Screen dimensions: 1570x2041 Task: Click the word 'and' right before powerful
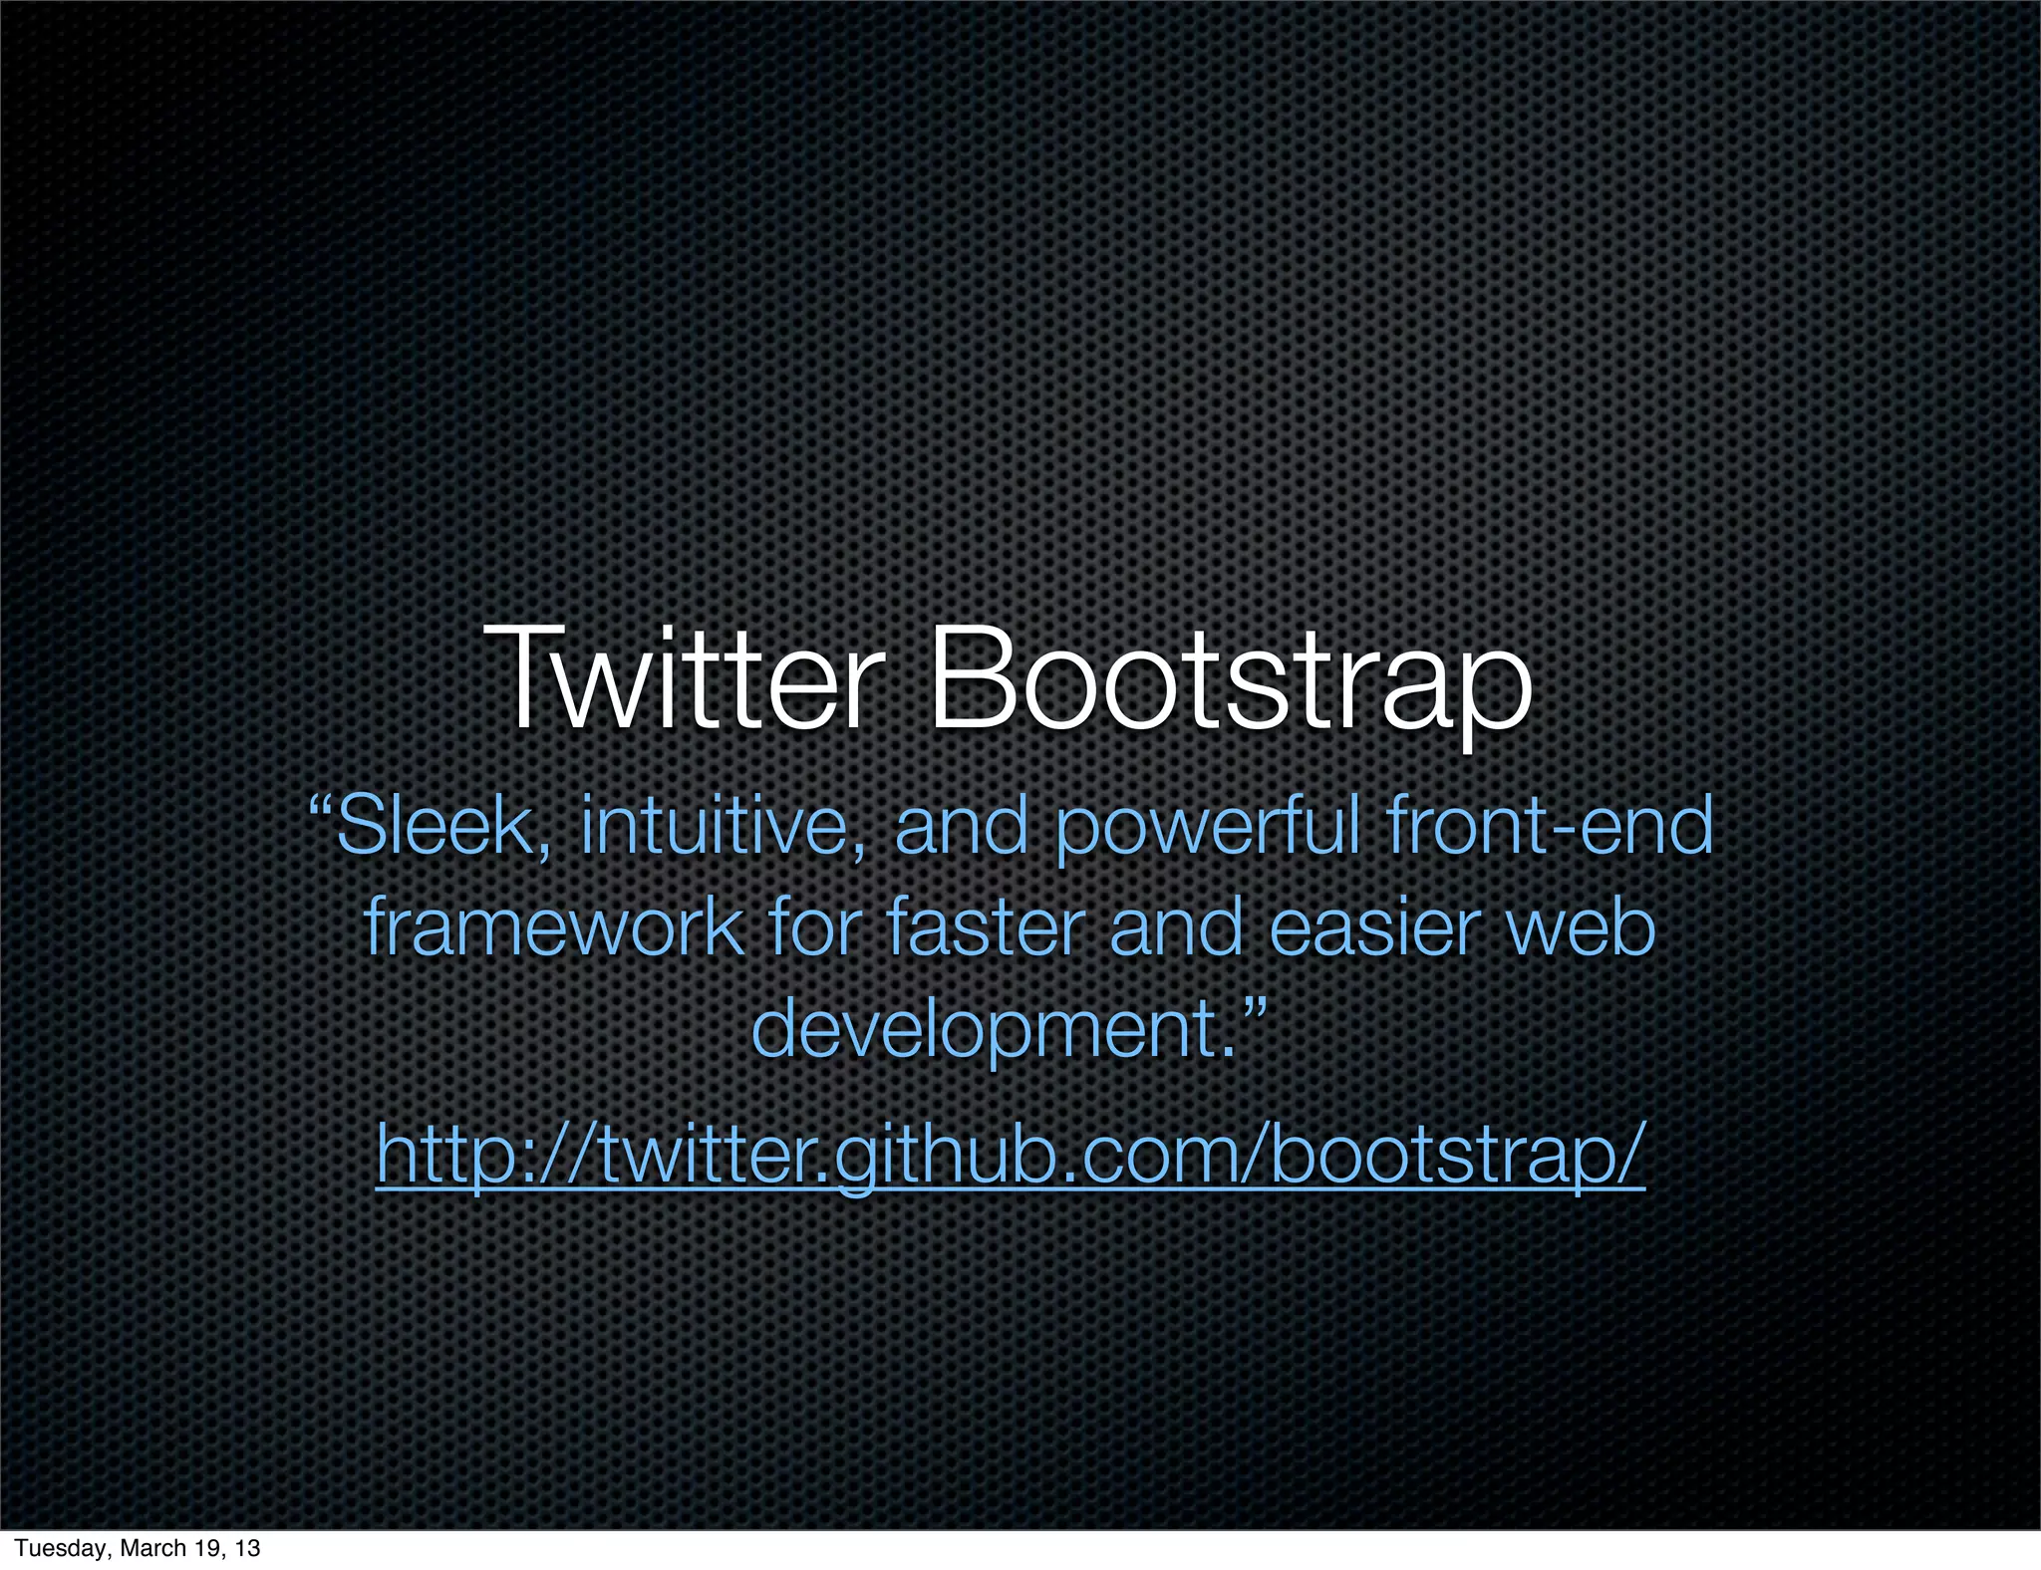[x=962, y=826]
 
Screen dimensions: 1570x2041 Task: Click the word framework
[x=554, y=927]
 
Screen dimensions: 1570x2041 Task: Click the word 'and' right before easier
[x=1176, y=927]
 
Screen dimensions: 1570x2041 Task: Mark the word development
[x=987, y=1032]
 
